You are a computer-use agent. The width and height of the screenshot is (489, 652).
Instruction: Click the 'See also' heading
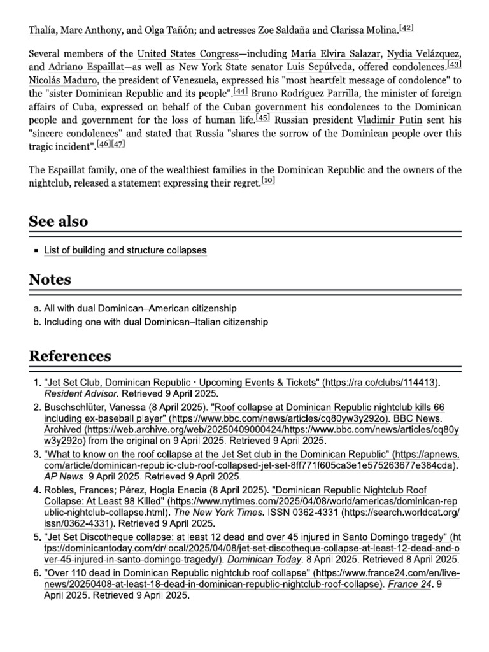click(59, 222)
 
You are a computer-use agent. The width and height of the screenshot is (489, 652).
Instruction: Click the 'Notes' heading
click(50, 280)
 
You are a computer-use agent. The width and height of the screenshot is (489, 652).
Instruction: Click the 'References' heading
click(70, 355)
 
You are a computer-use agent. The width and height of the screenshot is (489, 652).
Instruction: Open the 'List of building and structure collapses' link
click(125, 250)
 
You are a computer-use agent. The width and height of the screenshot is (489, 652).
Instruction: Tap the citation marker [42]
click(406, 27)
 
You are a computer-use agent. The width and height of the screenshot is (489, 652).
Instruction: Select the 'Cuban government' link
click(265, 106)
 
